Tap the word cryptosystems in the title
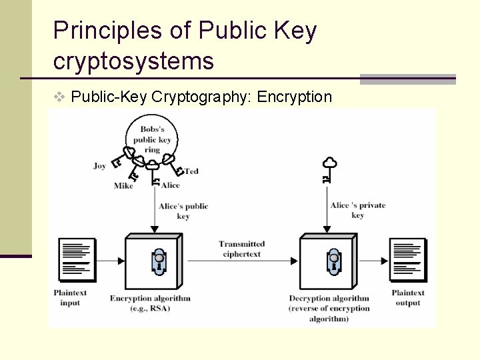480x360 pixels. click(x=133, y=61)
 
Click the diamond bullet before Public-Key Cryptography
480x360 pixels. click(x=59, y=97)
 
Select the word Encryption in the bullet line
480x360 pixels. click(x=294, y=97)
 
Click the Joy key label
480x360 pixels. click(x=100, y=166)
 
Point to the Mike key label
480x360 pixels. click(x=123, y=186)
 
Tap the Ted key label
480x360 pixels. click(x=192, y=171)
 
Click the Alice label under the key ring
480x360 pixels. click(x=171, y=185)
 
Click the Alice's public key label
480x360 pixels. click(x=183, y=211)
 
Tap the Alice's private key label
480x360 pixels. click(x=358, y=210)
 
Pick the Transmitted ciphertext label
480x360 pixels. click(x=242, y=249)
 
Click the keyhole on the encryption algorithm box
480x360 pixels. click(x=159, y=261)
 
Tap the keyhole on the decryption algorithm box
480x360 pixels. click(x=333, y=261)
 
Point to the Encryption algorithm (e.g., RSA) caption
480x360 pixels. click(x=150, y=303)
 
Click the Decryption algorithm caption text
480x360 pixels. click(x=329, y=308)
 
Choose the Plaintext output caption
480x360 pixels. click(x=408, y=298)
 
